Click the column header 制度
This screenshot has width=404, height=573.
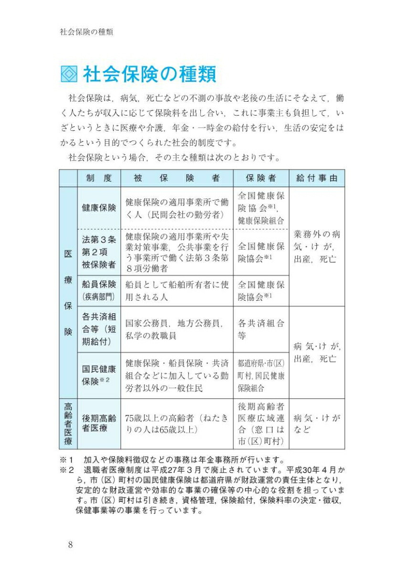pyautogui.click(x=99, y=178)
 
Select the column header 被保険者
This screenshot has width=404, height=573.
pyautogui.click(x=177, y=178)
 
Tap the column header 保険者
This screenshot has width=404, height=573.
pyautogui.click(x=261, y=178)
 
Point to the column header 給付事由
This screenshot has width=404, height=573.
pyautogui.click(x=317, y=178)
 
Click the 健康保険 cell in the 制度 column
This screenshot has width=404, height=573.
pyautogui.click(x=99, y=208)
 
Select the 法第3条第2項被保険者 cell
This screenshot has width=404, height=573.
pyautogui.click(x=99, y=252)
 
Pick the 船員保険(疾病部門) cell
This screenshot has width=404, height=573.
pyautogui.click(x=99, y=291)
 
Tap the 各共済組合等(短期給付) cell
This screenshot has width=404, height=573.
pyautogui.click(x=99, y=329)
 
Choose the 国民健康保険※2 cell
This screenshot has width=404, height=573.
pyautogui.click(x=99, y=375)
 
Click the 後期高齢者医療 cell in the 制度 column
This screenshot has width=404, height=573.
pyautogui.click(x=99, y=424)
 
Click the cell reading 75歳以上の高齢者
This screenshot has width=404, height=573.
pyautogui.click(x=177, y=424)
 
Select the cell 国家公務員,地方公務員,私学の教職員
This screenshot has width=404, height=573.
pyautogui.click(x=177, y=329)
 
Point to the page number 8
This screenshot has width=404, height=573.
pyautogui.click(x=70, y=545)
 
